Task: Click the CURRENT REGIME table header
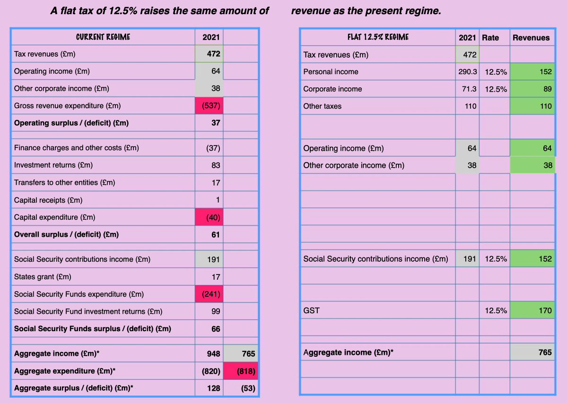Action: click(103, 37)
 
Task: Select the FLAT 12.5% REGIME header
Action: click(378, 37)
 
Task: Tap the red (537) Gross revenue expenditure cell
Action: click(209, 105)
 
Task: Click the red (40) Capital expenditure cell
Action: click(209, 217)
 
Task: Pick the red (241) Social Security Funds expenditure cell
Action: click(209, 294)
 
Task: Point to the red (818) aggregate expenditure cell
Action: click(241, 371)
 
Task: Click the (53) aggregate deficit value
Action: click(248, 388)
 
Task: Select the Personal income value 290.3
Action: click(468, 72)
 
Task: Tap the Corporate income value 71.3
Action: click(470, 89)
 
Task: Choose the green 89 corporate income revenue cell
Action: click(532, 89)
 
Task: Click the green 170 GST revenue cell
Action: click(532, 310)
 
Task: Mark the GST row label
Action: click(311, 310)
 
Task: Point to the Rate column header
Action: click(490, 37)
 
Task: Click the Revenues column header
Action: click(531, 37)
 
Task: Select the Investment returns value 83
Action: click(216, 165)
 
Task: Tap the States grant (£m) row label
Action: click(43, 276)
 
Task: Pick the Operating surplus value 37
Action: click(216, 123)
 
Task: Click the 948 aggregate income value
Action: click(213, 353)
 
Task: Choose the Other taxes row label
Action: click(322, 106)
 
